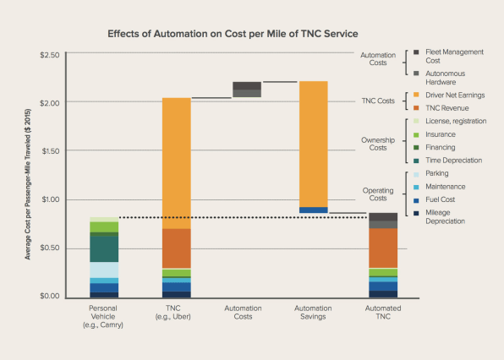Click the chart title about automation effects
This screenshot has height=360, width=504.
tap(233, 34)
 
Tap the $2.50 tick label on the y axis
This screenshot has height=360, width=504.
tap(50, 55)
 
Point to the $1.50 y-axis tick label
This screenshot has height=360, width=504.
tap(51, 151)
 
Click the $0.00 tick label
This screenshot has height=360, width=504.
tap(50, 296)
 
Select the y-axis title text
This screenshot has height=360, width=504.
tap(28, 184)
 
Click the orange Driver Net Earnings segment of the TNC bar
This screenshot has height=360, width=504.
tap(177, 163)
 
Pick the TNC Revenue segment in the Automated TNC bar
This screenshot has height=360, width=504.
tap(383, 248)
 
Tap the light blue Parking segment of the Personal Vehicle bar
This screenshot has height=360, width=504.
tap(104, 270)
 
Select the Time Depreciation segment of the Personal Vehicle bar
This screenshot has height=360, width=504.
tap(104, 249)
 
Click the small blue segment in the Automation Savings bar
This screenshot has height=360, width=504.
tap(314, 210)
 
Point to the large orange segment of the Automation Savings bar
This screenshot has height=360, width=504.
tap(314, 145)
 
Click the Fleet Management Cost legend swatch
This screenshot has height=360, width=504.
tap(416, 52)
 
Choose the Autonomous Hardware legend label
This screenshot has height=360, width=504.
tap(445, 78)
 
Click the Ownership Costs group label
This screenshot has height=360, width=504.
tap(378, 144)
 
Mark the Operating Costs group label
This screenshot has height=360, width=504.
tap(378, 194)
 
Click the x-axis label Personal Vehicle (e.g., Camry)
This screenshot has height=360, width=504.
tap(103, 317)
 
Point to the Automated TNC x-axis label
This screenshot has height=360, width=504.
tap(383, 313)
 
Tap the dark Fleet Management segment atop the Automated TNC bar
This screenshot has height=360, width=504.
tap(383, 217)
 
